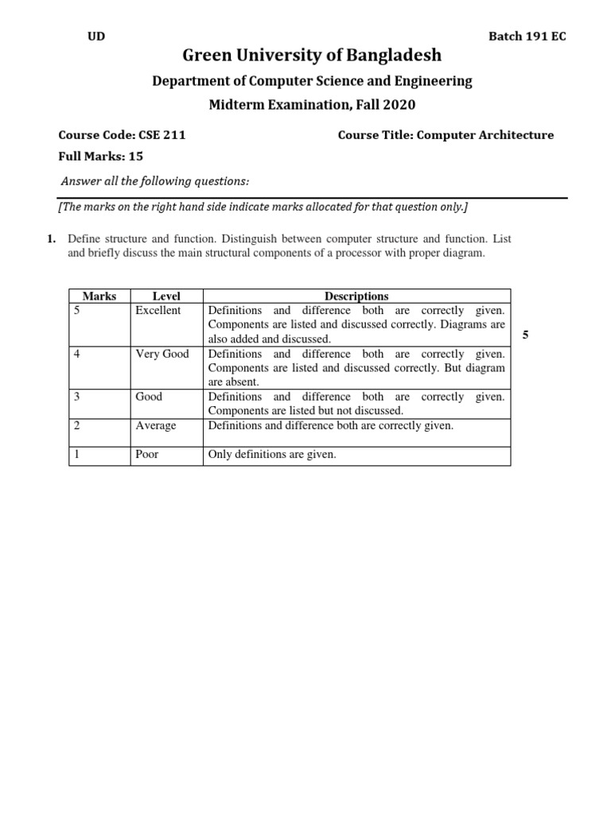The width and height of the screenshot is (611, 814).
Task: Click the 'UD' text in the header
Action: click(95, 37)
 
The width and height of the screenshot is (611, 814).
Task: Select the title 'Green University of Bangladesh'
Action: click(312, 56)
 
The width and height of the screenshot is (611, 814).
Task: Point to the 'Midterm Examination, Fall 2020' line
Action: click(312, 105)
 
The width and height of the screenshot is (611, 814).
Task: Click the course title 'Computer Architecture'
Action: click(485, 135)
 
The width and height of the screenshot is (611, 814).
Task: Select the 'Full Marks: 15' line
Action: click(101, 157)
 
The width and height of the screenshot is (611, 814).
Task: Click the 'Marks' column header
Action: click(99, 297)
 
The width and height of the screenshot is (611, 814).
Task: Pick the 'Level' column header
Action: click(166, 297)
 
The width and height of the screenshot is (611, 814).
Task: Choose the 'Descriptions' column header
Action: click(356, 297)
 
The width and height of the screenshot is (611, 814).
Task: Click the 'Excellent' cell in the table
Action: click(158, 311)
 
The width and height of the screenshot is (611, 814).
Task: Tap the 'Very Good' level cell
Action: click(162, 354)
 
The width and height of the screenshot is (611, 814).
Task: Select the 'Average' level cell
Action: click(156, 425)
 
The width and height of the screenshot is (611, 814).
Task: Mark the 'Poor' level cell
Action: click(147, 455)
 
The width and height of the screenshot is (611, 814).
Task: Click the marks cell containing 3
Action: click(76, 397)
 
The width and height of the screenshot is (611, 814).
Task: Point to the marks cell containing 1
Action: click(76, 455)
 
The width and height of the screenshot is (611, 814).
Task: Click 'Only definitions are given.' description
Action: click(272, 455)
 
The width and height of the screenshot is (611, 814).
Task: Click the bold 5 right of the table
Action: click(525, 335)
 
